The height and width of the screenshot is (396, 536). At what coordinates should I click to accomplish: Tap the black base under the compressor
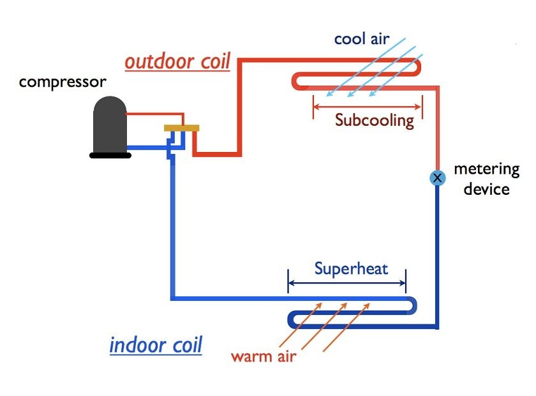[110, 154]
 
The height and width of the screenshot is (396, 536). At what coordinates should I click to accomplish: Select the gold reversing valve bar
[182, 128]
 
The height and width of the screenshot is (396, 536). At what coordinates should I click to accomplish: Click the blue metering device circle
[437, 178]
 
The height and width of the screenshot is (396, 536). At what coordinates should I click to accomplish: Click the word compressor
[63, 82]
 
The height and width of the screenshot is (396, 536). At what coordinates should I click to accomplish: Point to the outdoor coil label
[177, 63]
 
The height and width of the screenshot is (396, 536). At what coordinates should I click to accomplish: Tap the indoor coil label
[156, 346]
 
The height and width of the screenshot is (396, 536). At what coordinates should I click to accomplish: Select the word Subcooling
[375, 119]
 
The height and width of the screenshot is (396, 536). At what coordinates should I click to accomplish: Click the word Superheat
[351, 268]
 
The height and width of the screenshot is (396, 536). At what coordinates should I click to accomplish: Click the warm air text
[264, 356]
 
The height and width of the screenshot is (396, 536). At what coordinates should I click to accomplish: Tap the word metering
[486, 170]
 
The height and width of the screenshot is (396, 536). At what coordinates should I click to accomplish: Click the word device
[486, 189]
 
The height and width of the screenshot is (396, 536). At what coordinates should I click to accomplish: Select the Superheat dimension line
[346, 283]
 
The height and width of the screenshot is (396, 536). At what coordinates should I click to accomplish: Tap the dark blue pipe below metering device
[437, 255]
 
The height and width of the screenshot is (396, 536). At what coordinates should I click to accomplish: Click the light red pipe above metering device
[437, 128]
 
